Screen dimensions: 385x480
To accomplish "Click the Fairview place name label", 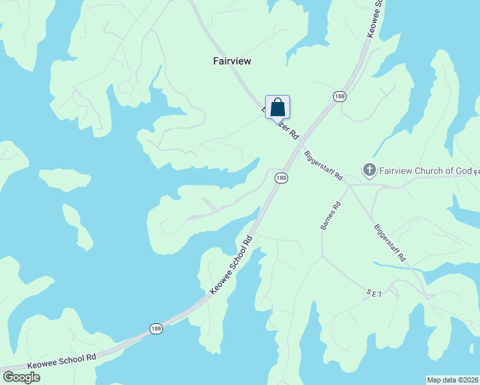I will pos(232,61).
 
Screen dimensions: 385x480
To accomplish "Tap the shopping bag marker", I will pos(277,107).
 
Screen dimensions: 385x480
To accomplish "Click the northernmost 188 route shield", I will pos(339,96).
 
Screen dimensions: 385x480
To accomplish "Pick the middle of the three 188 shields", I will pos(280,178).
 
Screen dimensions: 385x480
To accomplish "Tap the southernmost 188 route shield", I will pos(156,328).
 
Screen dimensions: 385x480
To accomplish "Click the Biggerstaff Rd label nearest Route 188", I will pos(323,166).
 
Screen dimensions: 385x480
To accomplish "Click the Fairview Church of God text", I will pos(424,171).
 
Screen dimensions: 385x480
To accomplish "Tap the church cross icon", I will pos(369,170).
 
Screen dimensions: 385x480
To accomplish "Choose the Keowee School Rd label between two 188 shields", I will pos(232,265).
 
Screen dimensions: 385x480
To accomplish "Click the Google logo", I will pos(21,377).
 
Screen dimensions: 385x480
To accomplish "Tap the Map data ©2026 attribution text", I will pos(452,379).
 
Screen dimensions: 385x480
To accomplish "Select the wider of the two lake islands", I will pos(64,180).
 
